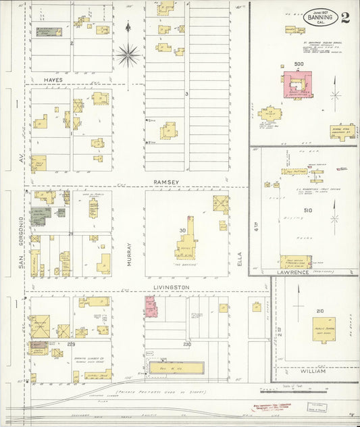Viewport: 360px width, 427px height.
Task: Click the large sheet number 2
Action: pyautogui.click(x=345, y=17)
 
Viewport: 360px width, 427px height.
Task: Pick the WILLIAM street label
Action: pyautogui.click(x=313, y=372)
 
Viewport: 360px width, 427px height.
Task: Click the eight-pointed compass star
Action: pyautogui.click(x=128, y=54)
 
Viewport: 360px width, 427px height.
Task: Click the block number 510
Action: pyautogui.click(x=309, y=210)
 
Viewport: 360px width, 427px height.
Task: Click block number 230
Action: pyautogui.click(x=187, y=344)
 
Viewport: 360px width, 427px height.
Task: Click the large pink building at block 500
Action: pyautogui.click(x=295, y=87)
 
